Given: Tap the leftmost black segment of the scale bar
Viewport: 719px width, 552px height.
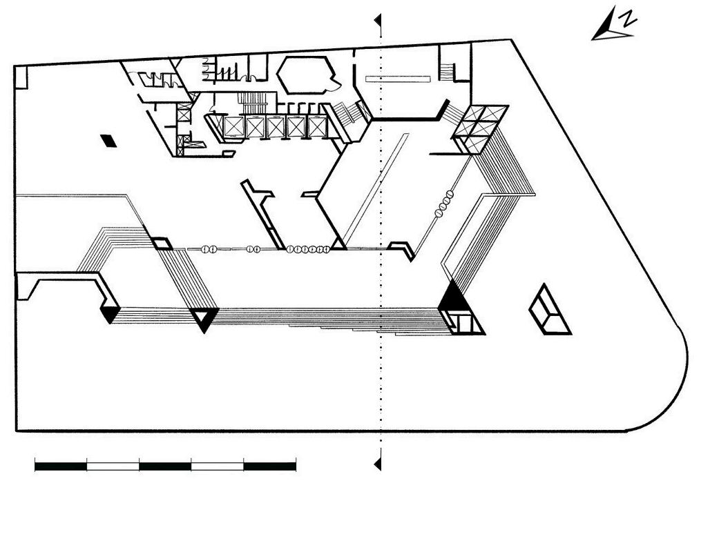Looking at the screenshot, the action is [x=61, y=466].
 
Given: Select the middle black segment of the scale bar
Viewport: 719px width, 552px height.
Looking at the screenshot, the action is [x=165, y=466].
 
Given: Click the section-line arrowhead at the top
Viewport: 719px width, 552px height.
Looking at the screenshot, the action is [x=378, y=21].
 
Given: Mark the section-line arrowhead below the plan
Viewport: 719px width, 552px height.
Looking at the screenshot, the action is [x=378, y=464].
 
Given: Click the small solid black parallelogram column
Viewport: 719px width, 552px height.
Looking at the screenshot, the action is [x=108, y=141].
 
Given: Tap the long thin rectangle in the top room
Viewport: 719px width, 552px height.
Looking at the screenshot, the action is [x=398, y=79].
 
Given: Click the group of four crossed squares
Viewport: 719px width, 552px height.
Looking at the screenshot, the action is [x=480, y=129].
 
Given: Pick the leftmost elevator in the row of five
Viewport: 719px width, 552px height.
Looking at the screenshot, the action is [x=233, y=126].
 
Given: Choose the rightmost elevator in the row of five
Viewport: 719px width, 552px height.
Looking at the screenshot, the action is [x=316, y=126].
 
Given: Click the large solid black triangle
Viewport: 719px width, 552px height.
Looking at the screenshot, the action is [x=453, y=297].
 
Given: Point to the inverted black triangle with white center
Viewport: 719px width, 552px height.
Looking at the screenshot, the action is [x=204, y=319].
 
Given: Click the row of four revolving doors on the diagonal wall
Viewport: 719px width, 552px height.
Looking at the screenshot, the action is [x=444, y=204].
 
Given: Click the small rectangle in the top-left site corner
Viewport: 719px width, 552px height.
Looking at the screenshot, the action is [x=21, y=77].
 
